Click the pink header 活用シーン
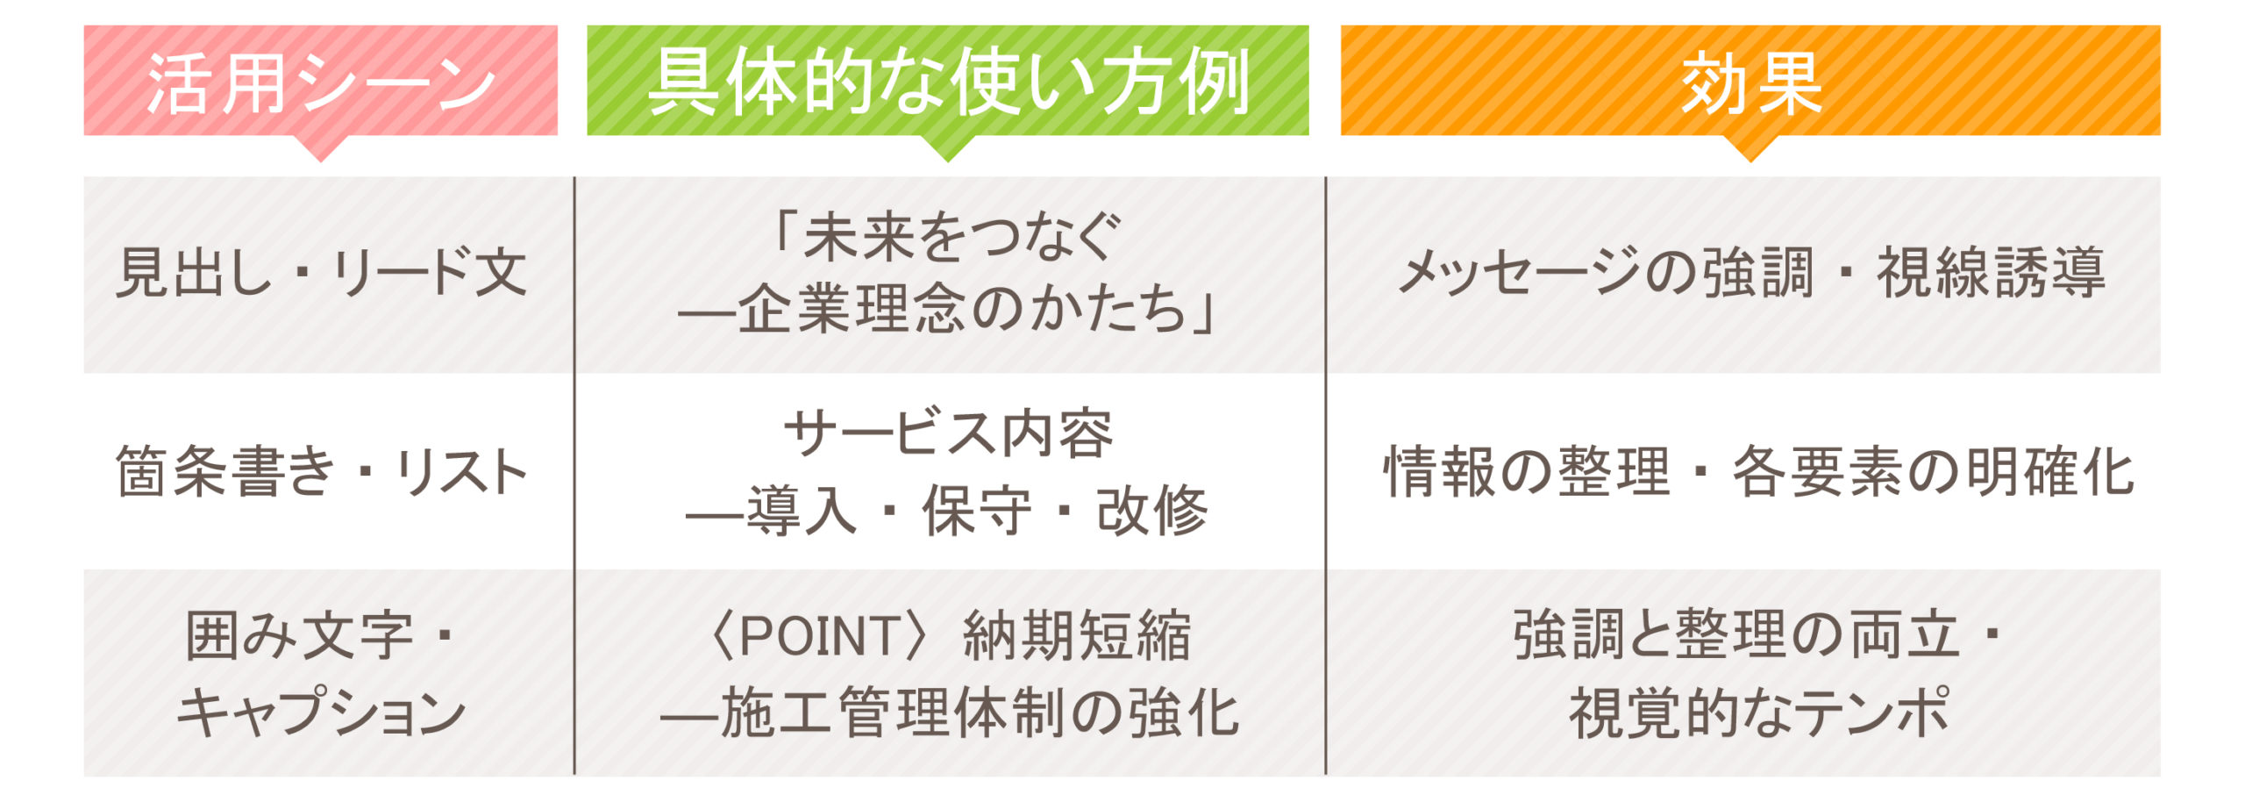pyautogui.click(x=321, y=82)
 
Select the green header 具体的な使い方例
pyautogui.click(x=948, y=82)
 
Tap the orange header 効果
pyautogui.click(x=1751, y=82)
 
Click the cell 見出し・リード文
pyautogui.click(x=322, y=273)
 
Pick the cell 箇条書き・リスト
pyautogui.click(x=322, y=471)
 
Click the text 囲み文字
pyautogui.click(x=299, y=635)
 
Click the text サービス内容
pyautogui.click(x=948, y=433)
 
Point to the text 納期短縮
pyautogui.click(x=1077, y=635)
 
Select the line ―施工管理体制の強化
pyautogui.click(x=950, y=712)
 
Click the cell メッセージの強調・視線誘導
pyautogui.click(x=1751, y=273)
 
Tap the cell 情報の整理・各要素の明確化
pyautogui.click(x=1758, y=471)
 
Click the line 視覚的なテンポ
pyautogui.click(x=1758, y=712)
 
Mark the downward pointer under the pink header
pyautogui.click(x=321, y=148)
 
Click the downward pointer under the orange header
pyautogui.click(x=1750, y=148)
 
